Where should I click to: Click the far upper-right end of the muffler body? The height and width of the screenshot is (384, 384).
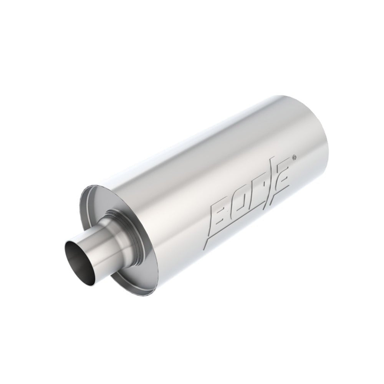[315, 115]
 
